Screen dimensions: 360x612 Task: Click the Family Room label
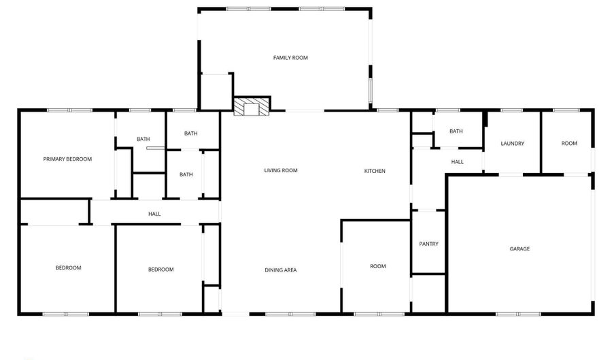tap(290, 58)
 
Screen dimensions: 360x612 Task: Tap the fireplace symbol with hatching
tap(252, 108)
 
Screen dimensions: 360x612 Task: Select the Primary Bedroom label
tap(67, 159)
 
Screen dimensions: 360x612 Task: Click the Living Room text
tap(281, 171)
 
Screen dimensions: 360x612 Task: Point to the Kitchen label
tap(375, 171)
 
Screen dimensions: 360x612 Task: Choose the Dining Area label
tap(281, 270)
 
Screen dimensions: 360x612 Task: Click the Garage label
tap(520, 249)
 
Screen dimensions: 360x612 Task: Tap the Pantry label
tap(428, 244)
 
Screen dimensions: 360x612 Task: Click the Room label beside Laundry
tap(569, 144)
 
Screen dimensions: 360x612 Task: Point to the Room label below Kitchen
tap(377, 267)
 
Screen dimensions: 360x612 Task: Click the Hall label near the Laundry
tap(457, 162)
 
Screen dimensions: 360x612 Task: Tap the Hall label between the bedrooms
tap(154, 214)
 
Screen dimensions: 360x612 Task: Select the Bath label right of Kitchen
tap(456, 131)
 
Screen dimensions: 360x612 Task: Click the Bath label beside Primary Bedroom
tap(143, 140)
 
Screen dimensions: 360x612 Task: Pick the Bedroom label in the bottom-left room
tap(68, 268)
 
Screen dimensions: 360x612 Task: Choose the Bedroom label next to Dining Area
tap(160, 269)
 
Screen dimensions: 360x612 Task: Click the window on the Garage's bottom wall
tap(518, 314)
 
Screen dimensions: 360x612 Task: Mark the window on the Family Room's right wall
tap(371, 89)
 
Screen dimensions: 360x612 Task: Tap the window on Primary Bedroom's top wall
tap(69, 110)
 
